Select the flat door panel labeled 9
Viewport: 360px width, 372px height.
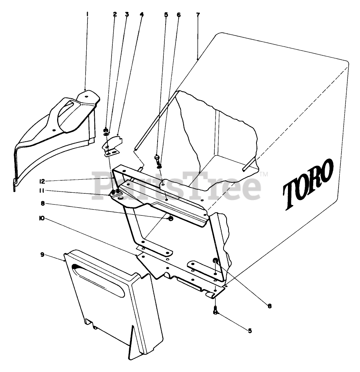115,303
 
